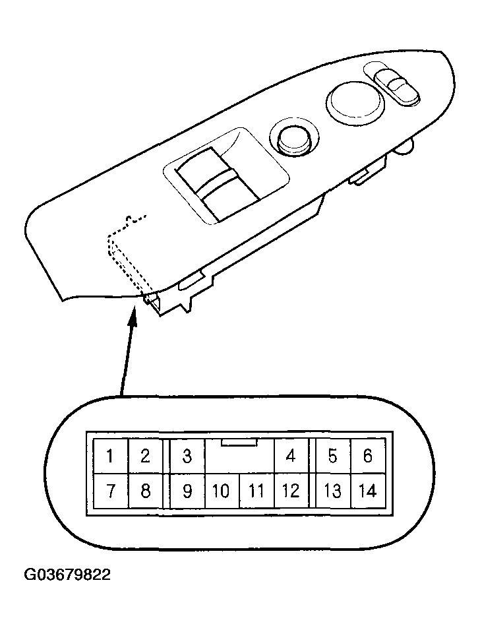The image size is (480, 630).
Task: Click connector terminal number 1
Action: click(x=111, y=456)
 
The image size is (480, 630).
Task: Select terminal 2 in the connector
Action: click(x=146, y=456)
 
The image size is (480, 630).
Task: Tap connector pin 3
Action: click(x=187, y=456)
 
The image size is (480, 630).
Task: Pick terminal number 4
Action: click(x=291, y=456)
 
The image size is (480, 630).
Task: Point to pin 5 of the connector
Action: click(x=333, y=456)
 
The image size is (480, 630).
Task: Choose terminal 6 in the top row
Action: click(x=368, y=456)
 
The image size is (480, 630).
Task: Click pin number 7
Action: click(x=111, y=491)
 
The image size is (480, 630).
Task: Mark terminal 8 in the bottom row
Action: click(x=146, y=491)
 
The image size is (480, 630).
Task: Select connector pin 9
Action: click(x=187, y=491)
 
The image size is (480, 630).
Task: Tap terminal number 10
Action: click(x=222, y=491)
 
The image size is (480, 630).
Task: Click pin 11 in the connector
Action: click(x=257, y=491)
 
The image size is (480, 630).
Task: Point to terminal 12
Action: click(x=291, y=491)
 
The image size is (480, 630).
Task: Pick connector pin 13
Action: click(x=333, y=491)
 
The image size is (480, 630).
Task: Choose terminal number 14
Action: click(x=368, y=491)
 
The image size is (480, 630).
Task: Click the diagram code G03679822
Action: click(x=67, y=575)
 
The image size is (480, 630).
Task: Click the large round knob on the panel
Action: click(x=356, y=101)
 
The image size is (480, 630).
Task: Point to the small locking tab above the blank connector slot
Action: click(x=239, y=442)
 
